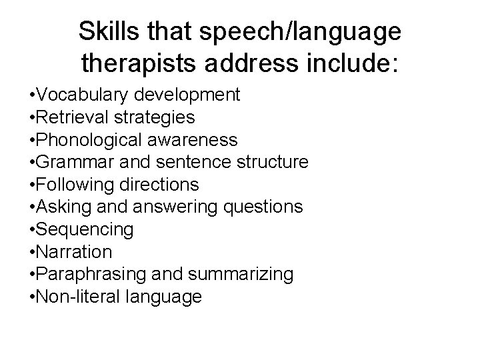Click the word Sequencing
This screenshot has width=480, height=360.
(x=84, y=230)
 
